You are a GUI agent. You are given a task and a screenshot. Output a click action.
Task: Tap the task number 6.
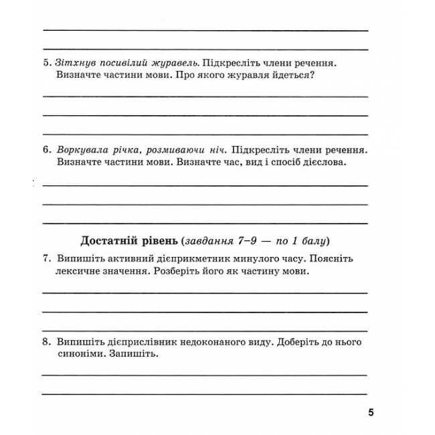[46, 150]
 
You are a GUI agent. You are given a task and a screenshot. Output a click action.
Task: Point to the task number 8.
[46, 341]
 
